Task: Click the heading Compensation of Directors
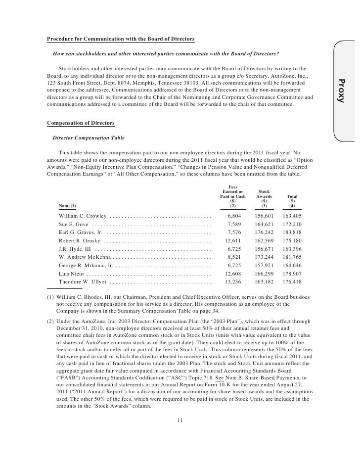click(80, 122)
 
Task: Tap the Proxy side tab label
click(340, 91)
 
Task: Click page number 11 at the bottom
click(180, 420)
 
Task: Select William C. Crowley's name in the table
click(82, 216)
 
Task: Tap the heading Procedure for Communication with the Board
click(121, 39)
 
